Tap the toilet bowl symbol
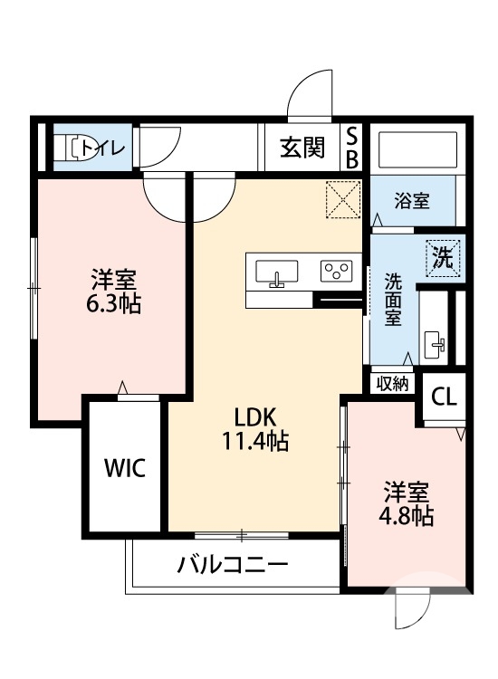[x=72, y=148]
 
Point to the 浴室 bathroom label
[x=413, y=201]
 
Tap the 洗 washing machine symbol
[x=444, y=256]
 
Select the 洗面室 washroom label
[x=393, y=298]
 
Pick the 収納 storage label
[x=392, y=383]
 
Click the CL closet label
[x=444, y=397]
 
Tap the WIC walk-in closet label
[x=125, y=468]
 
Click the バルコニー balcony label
[x=233, y=567]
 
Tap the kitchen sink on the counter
[x=277, y=272]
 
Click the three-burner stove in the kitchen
[x=337, y=270]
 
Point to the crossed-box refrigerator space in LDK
[x=344, y=200]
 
